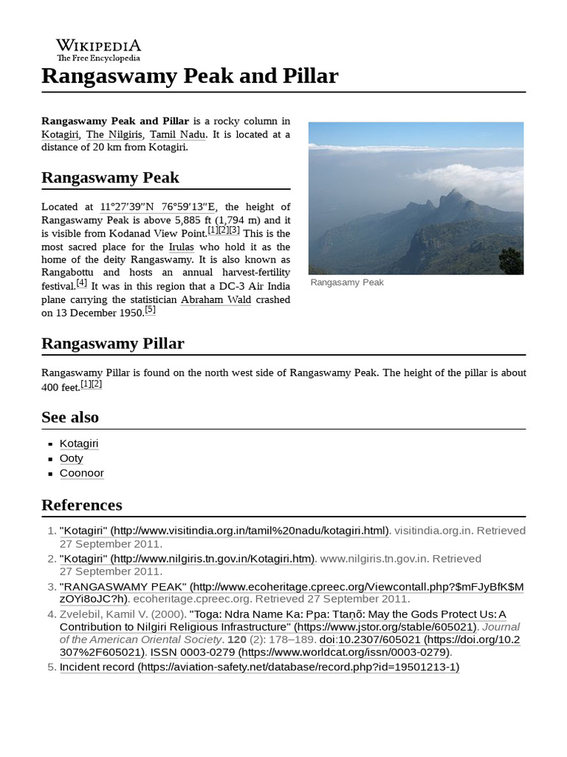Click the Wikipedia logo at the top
[x=98, y=50]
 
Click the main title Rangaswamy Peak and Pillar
[x=190, y=76]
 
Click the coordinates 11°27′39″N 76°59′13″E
[x=159, y=206]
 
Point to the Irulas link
[x=181, y=246]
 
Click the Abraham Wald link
[x=216, y=299]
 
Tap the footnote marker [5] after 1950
[x=150, y=310]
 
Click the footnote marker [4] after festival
[x=81, y=283]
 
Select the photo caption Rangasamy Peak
[x=347, y=282]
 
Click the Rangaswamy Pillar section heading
[x=112, y=344]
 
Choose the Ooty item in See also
[x=72, y=458]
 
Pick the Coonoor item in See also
[x=82, y=473]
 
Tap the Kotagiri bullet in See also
[x=79, y=444]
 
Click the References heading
[x=81, y=505]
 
